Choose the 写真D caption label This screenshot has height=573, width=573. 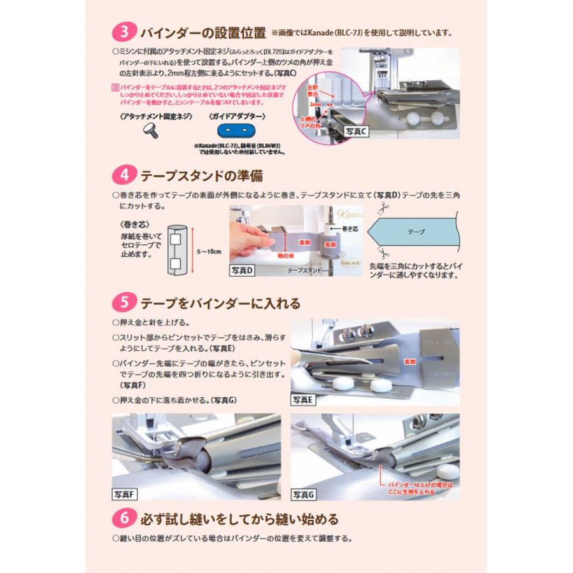pyautogui.click(x=242, y=271)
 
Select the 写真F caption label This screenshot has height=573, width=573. pyautogui.click(x=125, y=495)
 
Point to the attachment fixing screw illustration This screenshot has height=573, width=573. pyautogui.click(x=153, y=131)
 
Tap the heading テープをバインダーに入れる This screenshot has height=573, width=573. pyautogui.click(x=220, y=302)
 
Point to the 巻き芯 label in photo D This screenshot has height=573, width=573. pyautogui.click(x=350, y=227)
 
